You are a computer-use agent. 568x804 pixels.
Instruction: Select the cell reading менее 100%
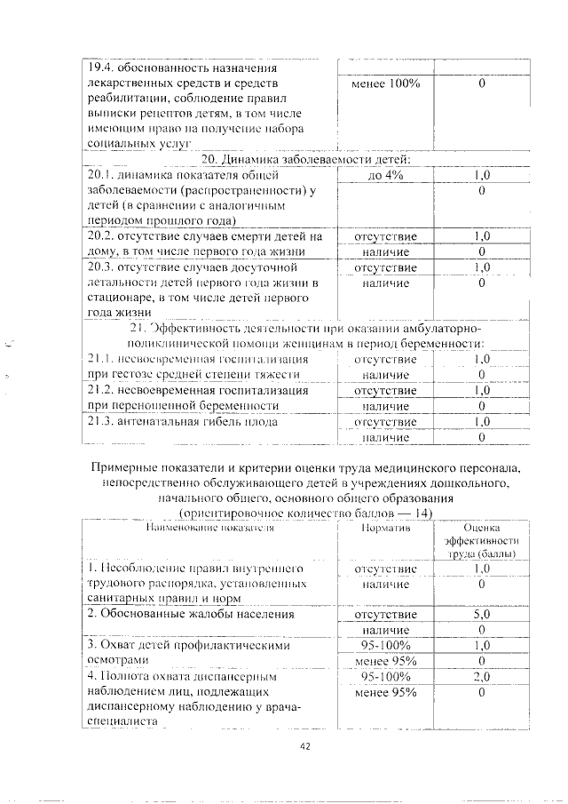point(385,84)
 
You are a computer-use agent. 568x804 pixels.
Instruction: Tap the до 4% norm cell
point(385,176)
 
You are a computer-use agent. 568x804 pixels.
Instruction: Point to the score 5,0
point(482,614)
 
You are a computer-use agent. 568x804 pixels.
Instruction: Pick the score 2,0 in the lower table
point(482,677)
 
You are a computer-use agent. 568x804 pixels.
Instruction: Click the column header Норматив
point(385,528)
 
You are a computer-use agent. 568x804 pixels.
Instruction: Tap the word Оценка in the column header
point(482,528)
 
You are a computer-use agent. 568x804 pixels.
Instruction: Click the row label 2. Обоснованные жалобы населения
point(190,614)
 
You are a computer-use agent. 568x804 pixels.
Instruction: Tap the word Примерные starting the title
point(125,467)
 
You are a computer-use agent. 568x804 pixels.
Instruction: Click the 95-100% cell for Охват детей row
point(385,646)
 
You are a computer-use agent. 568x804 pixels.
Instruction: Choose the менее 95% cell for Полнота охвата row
point(385,693)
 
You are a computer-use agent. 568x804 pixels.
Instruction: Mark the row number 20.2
point(99,236)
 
